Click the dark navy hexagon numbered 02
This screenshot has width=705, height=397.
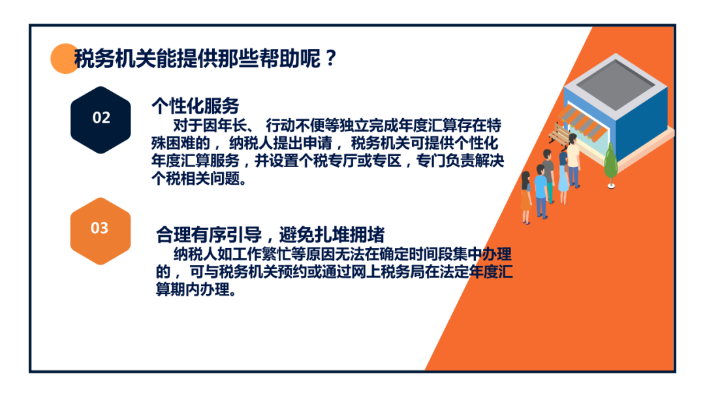(x=101, y=119)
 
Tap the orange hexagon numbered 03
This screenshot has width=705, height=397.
(x=101, y=230)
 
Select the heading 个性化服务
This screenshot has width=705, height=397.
(x=195, y=106)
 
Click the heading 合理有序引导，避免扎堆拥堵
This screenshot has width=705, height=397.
(x=270, y=234)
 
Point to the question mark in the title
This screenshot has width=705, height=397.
(x=331, y=59)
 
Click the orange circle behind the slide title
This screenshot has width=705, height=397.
(x=64, y=59)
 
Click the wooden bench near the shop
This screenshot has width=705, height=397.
(x=558, y=135)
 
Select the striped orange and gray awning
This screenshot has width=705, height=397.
(x=582, y=121)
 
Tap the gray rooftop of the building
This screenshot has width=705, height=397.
(x=616, y=82)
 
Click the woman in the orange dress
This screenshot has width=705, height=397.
(x=525, y=197)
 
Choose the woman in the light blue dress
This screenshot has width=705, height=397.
(x=563, y=178)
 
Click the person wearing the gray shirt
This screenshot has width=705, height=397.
(x=548, y=176)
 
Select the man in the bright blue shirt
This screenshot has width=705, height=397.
(x=541, y=191)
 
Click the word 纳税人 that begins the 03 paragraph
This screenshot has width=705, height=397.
(x=196, y=255)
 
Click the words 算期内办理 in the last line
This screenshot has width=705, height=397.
(x=193, y=289)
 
